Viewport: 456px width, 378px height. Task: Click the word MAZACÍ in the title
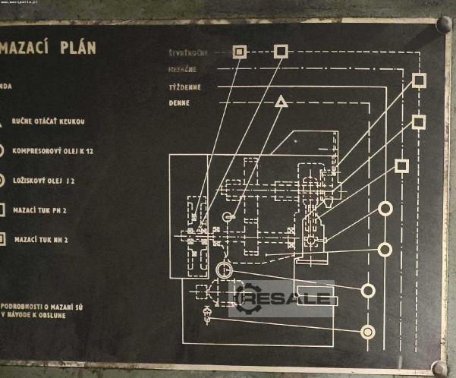tap(33, 48)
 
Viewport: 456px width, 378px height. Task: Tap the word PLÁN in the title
tap(79, 48)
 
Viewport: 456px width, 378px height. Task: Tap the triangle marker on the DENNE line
tap(281, 101)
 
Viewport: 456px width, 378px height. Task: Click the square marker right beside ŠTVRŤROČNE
tap(240, 52)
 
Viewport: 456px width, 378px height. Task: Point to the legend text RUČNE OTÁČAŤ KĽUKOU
tap(51, 121)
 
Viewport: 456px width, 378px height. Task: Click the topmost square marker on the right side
tap(419, 80)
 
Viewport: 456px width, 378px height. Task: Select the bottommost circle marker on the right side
tap(369, 331)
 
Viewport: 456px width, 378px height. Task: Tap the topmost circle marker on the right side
tap(385, 208)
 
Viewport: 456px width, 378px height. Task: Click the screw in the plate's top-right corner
tap(443, 25)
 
